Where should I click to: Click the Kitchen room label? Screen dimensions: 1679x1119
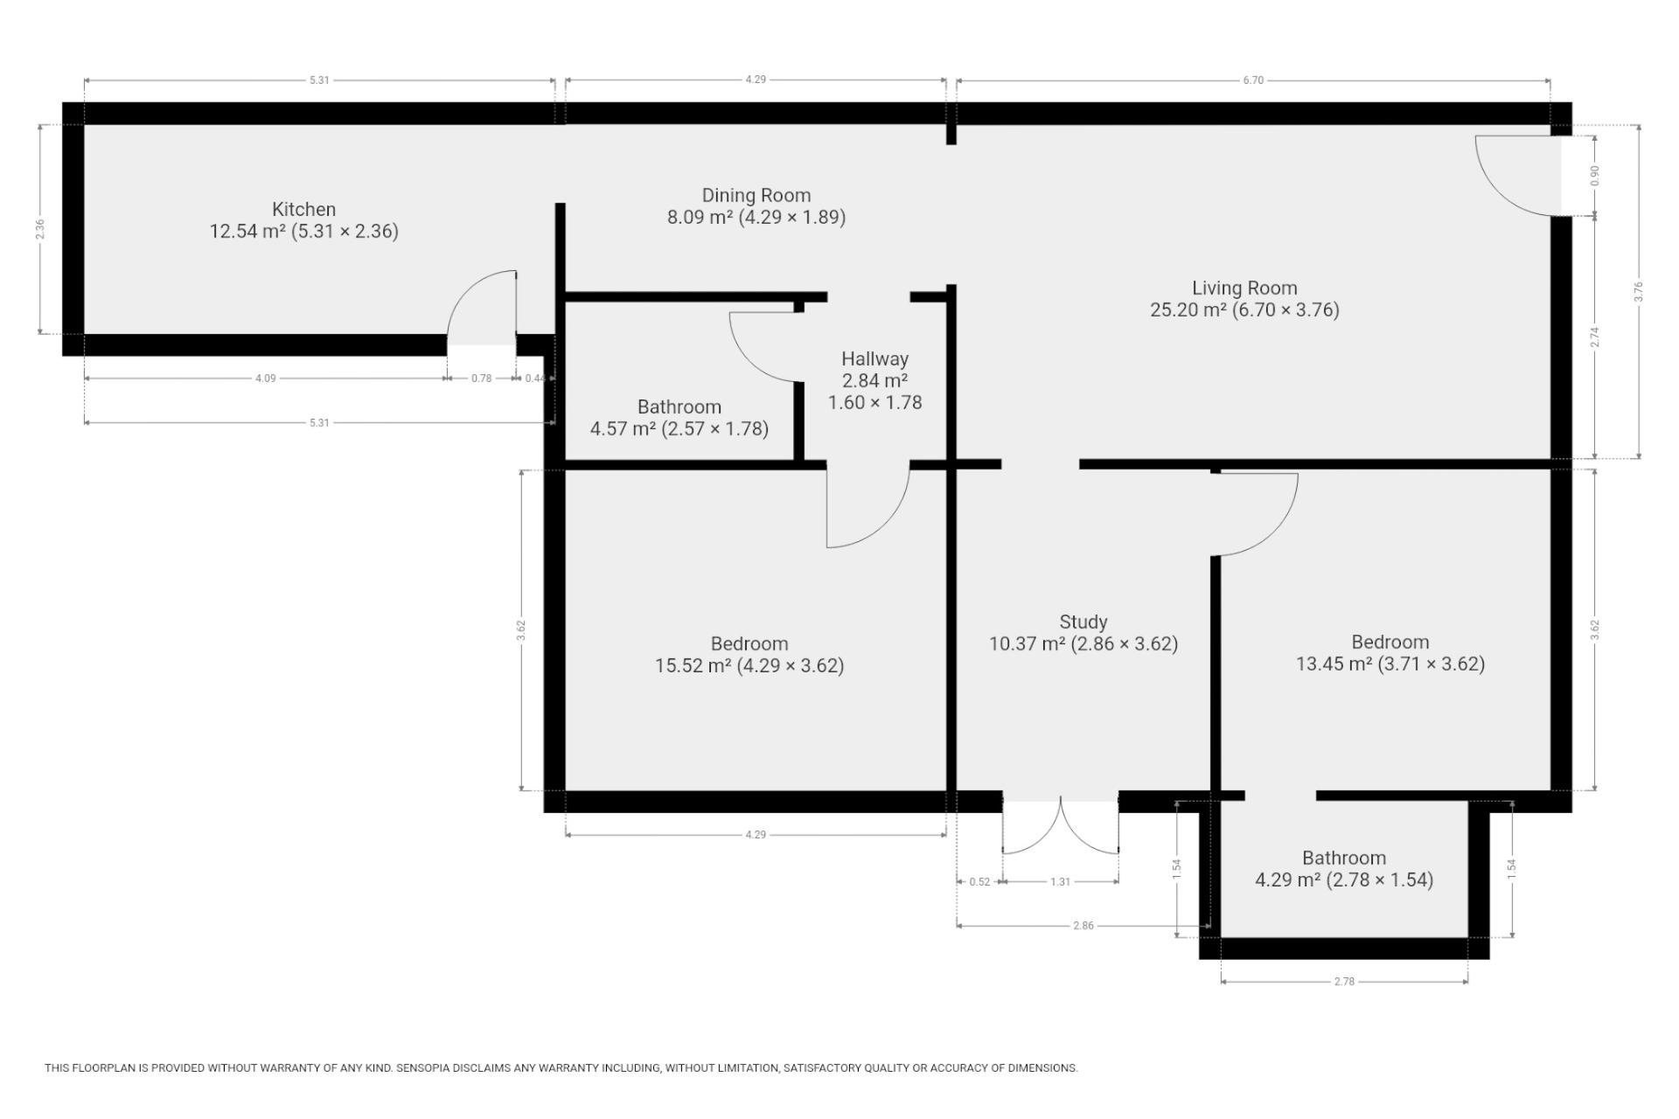303,210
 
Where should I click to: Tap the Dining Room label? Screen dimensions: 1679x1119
756,196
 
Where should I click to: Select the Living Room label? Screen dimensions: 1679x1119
1244,288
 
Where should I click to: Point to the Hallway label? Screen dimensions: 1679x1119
874,358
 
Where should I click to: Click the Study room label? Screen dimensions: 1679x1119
1083,622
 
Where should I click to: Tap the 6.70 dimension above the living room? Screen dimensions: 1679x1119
1253,80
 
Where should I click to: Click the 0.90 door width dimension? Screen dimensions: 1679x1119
1595,176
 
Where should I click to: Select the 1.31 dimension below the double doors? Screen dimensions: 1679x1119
1060,882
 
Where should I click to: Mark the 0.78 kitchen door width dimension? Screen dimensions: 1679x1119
481,379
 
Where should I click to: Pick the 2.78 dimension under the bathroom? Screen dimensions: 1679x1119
1344,982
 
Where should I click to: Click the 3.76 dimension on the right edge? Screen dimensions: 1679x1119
1639,291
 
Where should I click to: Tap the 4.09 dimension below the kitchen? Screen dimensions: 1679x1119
265,379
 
